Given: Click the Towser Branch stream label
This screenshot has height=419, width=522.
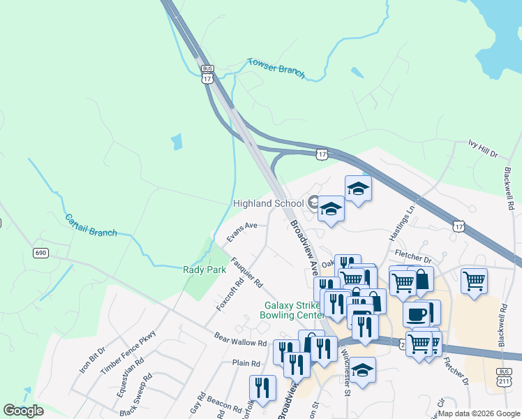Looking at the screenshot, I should click(x=276, y=68).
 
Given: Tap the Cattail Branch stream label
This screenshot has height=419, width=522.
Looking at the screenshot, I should click(x=91, y=225).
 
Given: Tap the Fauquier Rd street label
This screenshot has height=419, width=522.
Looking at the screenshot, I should click(x=247, y=273).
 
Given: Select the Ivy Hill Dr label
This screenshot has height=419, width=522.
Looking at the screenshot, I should click(x=483, y=147).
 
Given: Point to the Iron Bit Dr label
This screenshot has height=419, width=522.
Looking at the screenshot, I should click(x=91, y=360).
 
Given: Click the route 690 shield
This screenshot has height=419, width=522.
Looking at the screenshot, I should click(x=40, y=253).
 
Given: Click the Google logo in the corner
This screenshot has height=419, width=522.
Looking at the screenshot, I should click(x=24, y=411).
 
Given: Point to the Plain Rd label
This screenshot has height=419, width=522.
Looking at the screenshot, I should click(x=246, y=363).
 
